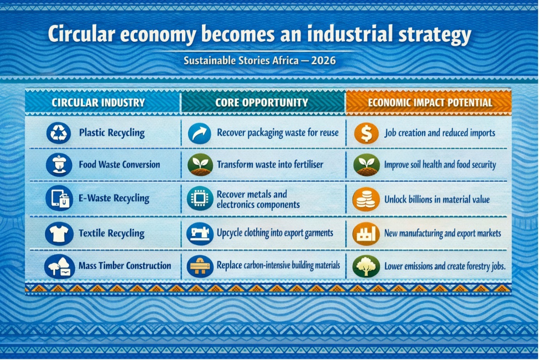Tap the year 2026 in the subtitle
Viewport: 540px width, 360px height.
click(x=323, y=61)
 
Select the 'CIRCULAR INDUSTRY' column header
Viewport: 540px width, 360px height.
click(x=98, y=103)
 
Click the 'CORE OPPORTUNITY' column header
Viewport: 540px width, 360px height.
click(x=261, y=103)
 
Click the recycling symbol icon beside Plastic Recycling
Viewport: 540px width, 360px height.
click(x=59, y=133)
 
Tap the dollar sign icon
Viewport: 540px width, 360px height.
click(x=366, y=133)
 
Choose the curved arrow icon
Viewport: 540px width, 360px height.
click(x=199, y=133)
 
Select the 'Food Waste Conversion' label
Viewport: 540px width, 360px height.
click(x=119, y=164)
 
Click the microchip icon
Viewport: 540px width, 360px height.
click(x=200, y=198)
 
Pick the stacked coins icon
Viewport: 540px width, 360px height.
click(x=366, y=199)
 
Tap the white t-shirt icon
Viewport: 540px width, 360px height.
click(x=59, y=233)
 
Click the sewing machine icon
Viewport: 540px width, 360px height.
click(x=200, y=233)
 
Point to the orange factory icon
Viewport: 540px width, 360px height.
click(x=366, y=234)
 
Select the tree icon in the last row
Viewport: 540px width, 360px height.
click(x=366, y=266)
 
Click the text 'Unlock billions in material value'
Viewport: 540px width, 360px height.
click(x=437, y=200)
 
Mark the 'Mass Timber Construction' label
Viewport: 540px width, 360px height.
click(x=125, y=266)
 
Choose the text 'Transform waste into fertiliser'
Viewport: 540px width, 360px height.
click(x=270, y=164)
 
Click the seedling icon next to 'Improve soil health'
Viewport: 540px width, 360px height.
click(x=366, y=164)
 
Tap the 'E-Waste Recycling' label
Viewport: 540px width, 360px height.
click(x=114, y=198)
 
